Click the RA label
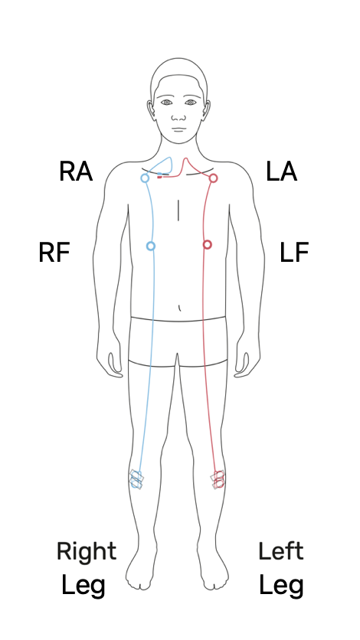point(76,171)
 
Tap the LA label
point(281,171)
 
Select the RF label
point(54,253)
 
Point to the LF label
point(294,253)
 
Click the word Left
point(281,551)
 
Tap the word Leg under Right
point(83,586)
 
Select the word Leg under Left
point(281,586)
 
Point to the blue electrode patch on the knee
point(136,479)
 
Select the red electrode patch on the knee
point(218,479)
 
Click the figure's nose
point(178,116)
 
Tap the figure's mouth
point(178,129)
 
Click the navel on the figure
point(179,308)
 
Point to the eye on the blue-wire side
point(166,103)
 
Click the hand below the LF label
point(247,364)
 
